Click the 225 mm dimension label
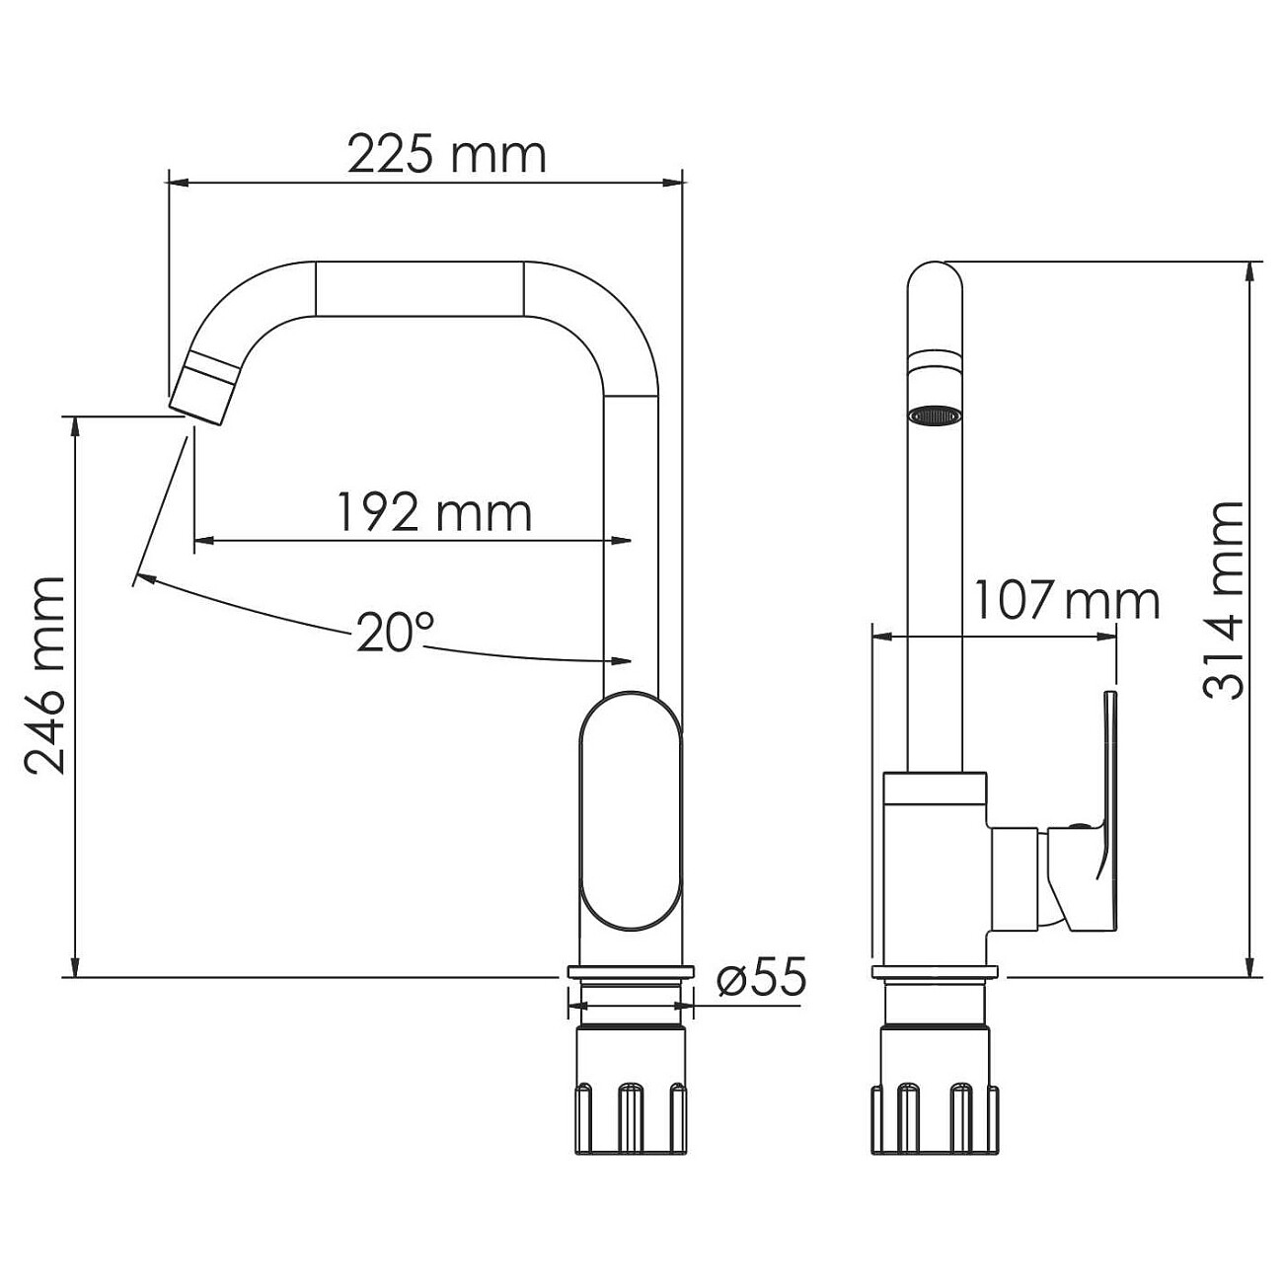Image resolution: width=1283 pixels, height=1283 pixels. click(x=446, y=155)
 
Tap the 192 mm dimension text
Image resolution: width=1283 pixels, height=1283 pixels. click(x=434, y=512)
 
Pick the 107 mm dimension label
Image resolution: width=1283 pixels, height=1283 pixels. click(x=1066, y=600)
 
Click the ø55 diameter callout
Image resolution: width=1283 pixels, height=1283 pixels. click(x=761, y=978)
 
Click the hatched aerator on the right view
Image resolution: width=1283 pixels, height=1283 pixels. click(x=934, y=415)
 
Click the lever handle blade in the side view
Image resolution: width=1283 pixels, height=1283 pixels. click(x=1107, y=809)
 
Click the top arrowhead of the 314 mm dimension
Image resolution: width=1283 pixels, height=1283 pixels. click(x=1251, y=270)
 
